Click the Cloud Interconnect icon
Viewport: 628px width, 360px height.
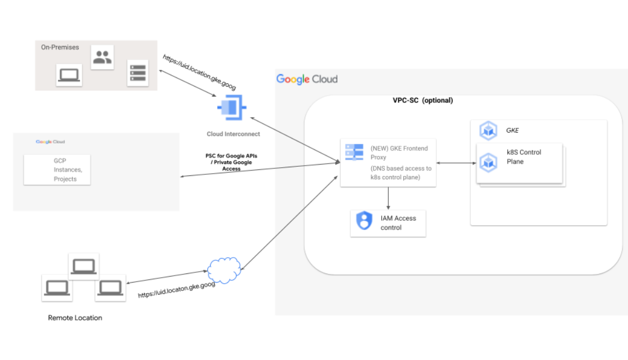tap(231, 108)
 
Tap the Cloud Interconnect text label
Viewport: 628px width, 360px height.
tap(233, 134)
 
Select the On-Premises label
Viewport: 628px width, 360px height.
tap(60, 47)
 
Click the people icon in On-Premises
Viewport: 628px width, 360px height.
tap(102, 57)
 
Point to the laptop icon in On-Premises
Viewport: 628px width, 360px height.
tap(69, 75)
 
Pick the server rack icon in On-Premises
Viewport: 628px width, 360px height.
tap(138, 73)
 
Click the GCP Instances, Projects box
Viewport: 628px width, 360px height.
tap(57, 169)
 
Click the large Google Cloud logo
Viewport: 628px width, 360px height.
tap(307, 79)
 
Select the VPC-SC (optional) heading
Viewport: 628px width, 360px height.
tap(423, 100)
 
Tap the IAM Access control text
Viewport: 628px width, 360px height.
tap(398, 223)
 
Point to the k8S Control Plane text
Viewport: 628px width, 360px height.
tap(524, 156)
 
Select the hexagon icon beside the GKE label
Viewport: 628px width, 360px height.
tap(489, 130)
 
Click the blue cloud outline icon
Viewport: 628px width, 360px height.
tap(224, 267)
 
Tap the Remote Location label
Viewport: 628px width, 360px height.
tap(75, 318)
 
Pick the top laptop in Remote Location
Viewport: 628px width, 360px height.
tap(84, 266)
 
